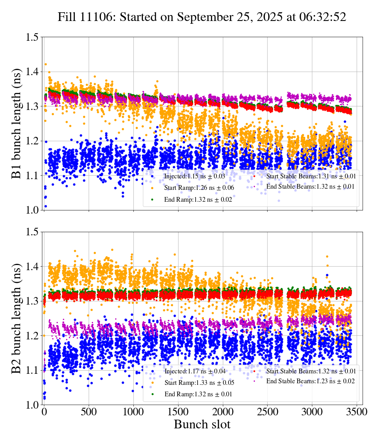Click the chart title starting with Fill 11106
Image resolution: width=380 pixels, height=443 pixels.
tap(202, 17)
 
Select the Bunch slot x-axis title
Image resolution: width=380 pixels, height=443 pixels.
tap(202, 424)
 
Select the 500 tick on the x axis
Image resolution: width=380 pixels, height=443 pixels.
tap(89, 412)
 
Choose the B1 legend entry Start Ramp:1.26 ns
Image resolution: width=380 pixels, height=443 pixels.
tap(192, 188)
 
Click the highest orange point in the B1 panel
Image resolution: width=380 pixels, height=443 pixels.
tap(46, 64)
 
